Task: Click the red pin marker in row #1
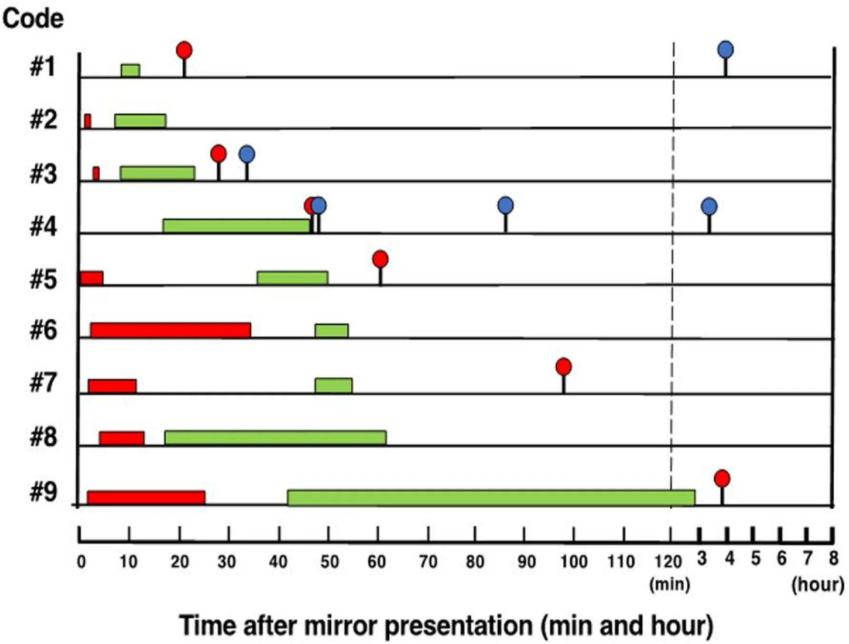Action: click(x=184, y=50)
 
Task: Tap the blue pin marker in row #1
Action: click(x=725, y=50)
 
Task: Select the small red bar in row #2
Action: click(x=88, y=121)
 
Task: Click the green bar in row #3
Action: click(x=158, y=173)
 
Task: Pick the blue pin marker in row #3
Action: click(x=247, y=154)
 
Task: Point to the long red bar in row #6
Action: click(x=170, y=330)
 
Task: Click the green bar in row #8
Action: click(x=276, y=437)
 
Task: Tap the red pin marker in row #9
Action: click(x=722, y=478)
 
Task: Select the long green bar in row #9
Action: click(x=491, y=497)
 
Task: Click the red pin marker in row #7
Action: click(x=563, y=367)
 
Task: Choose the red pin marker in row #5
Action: click(x=380, y=259)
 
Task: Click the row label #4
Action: click(x=43, y=226)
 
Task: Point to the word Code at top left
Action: click(x=33, y=19)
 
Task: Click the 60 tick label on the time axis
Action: click(x=376, y=562)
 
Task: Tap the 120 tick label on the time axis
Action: click(x=668, y=562)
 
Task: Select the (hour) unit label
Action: click(x=818, y=584)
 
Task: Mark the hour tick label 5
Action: click(x=756, y=558)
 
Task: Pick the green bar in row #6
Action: click(x=332, y=330)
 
